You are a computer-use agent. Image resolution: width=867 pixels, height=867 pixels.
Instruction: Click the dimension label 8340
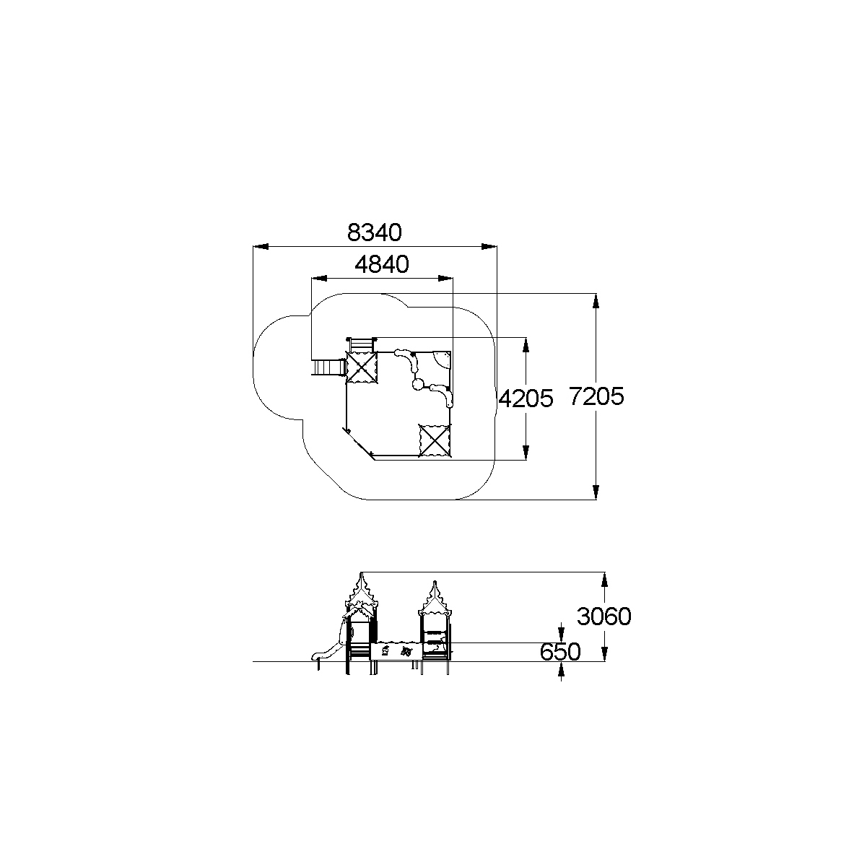[375, 232]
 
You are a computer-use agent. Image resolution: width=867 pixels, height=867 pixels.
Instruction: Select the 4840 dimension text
[382, 264]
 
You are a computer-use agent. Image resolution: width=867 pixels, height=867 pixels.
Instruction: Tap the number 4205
[526, 398]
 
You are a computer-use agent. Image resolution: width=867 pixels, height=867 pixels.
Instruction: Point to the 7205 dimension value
[596, 396]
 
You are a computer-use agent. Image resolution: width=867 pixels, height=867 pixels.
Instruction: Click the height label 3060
[604, 617]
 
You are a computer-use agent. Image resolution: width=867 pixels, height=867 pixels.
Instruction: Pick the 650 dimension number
[560, 652]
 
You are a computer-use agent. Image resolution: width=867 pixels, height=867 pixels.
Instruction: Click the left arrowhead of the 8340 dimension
[261, 247]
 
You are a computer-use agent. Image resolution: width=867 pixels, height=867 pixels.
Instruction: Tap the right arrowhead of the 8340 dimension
[489, 247]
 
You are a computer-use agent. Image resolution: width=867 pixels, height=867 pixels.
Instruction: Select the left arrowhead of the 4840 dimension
[319, 279]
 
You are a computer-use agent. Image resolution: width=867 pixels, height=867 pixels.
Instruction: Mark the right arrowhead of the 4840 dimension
[445, 279]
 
